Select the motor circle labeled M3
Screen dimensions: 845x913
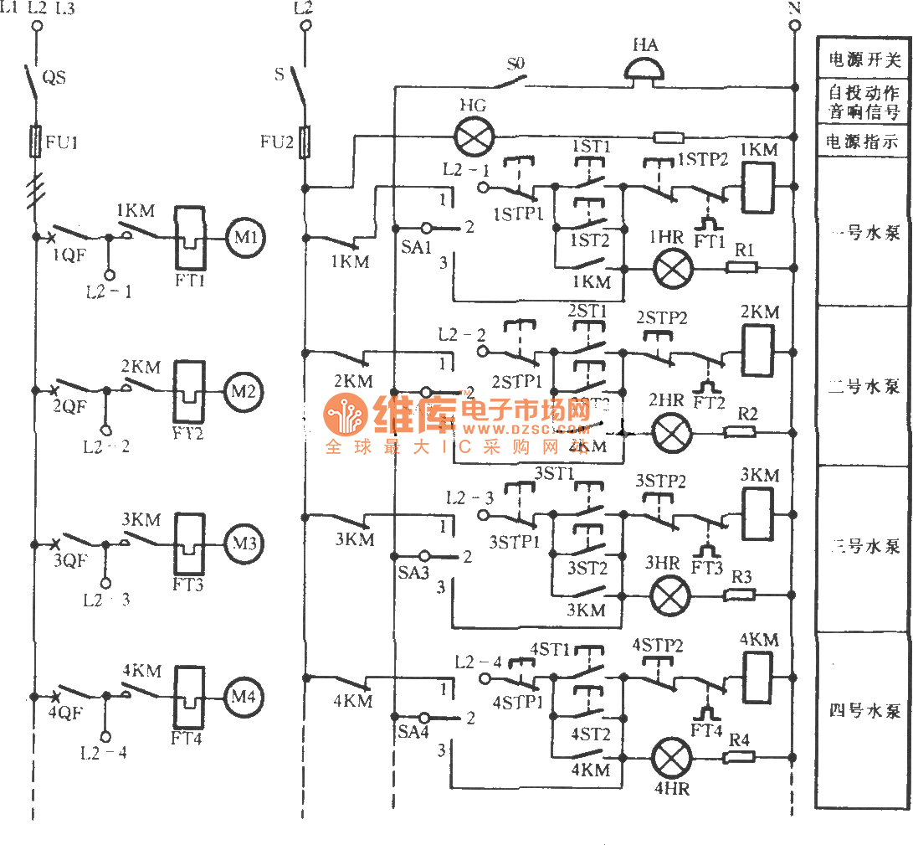(244, 543)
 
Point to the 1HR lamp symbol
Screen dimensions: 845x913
(669, 270)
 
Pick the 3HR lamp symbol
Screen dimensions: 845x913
(669, 595)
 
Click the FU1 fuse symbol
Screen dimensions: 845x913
(36, 142)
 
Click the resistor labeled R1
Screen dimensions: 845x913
(741, 268)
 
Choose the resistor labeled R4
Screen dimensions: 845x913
(740, 756)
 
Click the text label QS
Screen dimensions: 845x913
(54, 78)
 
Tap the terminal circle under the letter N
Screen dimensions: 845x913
(795, 26)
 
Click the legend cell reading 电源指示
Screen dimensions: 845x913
(863, 141)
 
